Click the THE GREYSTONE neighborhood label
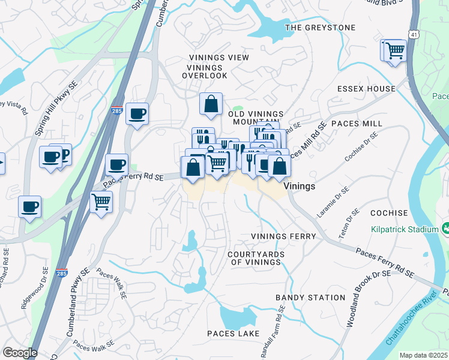pyautogui.click(x=320, y=28)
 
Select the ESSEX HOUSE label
pyautogui.click(x=366, y=89)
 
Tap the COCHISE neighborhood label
pyautogui.click(x=389, y=213)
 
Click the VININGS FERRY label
pyautogui.click(x=283, y=236)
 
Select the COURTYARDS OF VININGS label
pyautogui.click(x=256, y=258)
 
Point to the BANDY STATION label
pyautogui.click(x=310, y=298)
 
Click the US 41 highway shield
pyautogui.click(x=414, y=36)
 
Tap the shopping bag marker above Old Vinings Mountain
pyautogui.click(x=211, y=104)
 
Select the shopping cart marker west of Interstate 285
pyautogui.click(x=101, y=202)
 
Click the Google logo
pyautogui.click(x=19, y=353)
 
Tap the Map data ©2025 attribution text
pyautogui.click(x=423, y=355)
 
